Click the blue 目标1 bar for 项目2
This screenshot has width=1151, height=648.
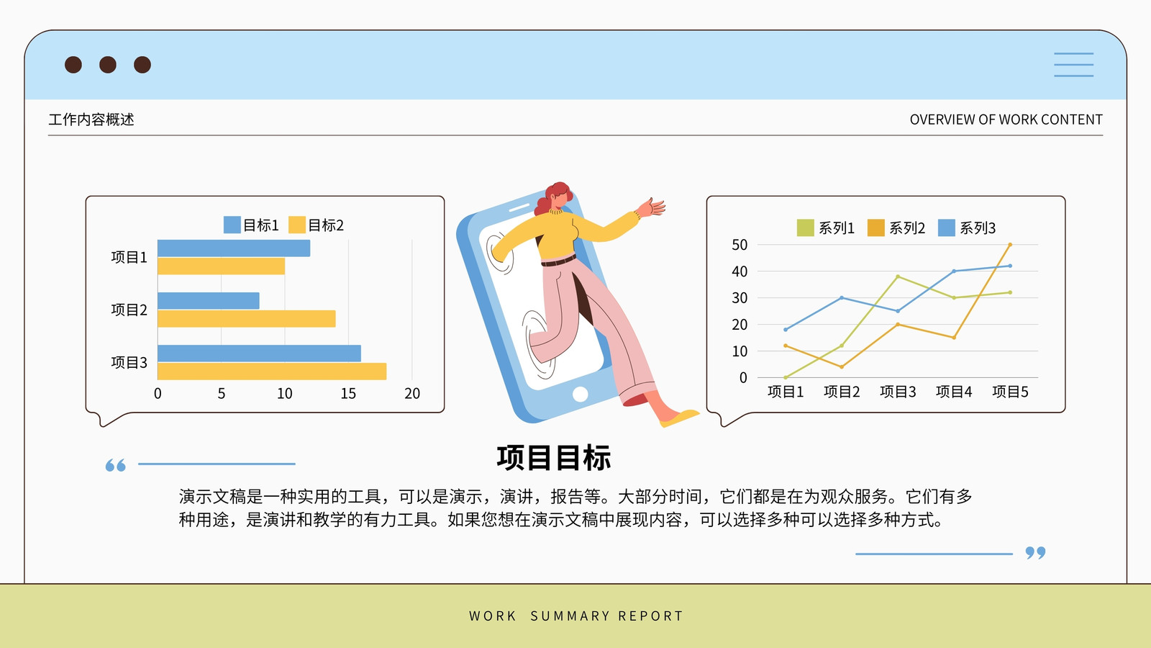pyautogui.click(x=209, y=301)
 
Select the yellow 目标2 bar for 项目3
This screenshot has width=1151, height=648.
pyautogui.click(x=272, y=372)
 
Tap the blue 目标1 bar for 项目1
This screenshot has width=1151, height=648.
pyautogui.click(x=234, y=248)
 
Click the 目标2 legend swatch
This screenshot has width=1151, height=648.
pyautogui.click(x=297, y=225)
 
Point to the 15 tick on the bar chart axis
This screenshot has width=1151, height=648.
pyautogui.click(x=348, y=393)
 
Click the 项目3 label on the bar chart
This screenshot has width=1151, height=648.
pyautogui.click(x=129, y=363)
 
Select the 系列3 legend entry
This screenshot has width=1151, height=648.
pyautogui.click(x=967, y=228)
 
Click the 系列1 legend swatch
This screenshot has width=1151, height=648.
pyautogui.click(x=805, y=228)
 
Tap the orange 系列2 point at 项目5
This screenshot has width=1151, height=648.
pyautogui.click(x=1010, y=245)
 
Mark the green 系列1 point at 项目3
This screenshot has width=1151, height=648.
pyautogui.click(x=898, y=276)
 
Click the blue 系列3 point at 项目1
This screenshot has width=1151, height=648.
pyautogui.click(x=786, y=330)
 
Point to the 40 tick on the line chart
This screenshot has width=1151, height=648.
pyautogui.click(x=740, y=271)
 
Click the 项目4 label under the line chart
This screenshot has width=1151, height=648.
pyautogui.click(x=954, y=392)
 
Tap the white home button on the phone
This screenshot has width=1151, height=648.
pyautogui.click(x=580, y=394)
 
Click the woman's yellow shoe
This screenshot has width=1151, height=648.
pyautogui.click(x=679, y=418)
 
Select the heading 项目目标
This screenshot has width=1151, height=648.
pyautogui.click(x=554, y=458)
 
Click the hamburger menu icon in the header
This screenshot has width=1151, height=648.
pyautogui.click(x=1073, y=65)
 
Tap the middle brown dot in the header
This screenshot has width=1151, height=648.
pyautogui.click(x=108, y=65)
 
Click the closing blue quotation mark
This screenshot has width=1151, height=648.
pyautogui.click(x=1035, y=553)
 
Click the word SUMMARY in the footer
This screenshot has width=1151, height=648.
pyautogui.click(x=570, y=616)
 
